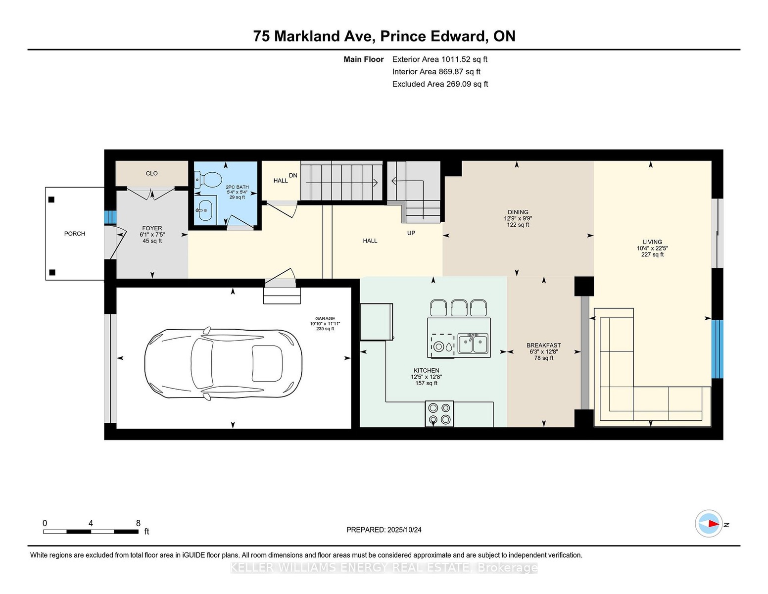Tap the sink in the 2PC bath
coord(205,210)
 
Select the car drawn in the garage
coord(223,364)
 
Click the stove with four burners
coord(439,414)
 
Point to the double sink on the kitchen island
coord(473,344)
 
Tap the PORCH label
coord(75,234)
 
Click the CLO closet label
coord(151,173)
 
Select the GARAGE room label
coord(325,318)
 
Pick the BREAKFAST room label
coord(543,345)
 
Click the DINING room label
coord(518,212)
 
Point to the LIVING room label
coord(652,242)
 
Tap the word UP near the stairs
coord(411,233)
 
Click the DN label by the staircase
coord(293,175)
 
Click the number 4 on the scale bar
coord(91,523)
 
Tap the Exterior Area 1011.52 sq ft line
coord(439,59)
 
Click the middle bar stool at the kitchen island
coord(459,308)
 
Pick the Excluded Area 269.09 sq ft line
coord(440,84)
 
